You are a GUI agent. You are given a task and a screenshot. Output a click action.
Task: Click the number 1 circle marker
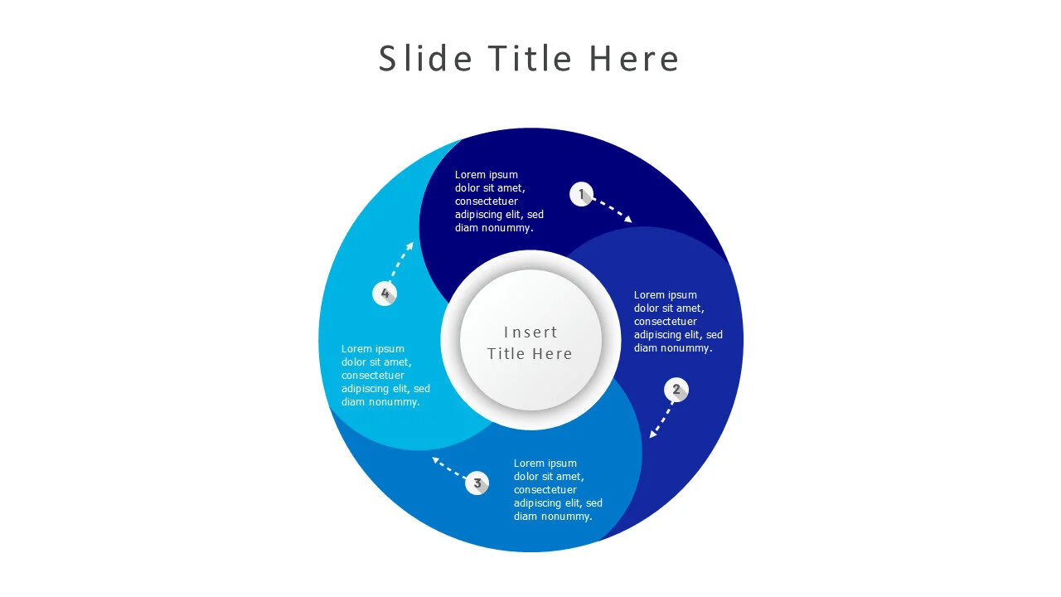coord(582,195)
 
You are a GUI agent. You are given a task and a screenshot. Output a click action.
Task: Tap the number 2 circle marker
coord(676,390)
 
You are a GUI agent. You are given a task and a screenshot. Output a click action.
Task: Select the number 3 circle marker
coord(477,483)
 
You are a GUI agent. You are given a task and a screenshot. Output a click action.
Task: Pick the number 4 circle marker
coord(385,294)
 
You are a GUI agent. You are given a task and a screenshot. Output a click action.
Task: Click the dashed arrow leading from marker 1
coord(613,210)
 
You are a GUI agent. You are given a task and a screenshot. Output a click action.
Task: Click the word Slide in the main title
coord(425,60)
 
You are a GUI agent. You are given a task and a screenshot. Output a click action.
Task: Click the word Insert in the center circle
coord(530,332)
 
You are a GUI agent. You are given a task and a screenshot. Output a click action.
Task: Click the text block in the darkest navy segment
coord(499,201)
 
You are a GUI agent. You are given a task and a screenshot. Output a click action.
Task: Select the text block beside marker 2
coord(678,322)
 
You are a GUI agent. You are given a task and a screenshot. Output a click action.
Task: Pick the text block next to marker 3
coord(558,490)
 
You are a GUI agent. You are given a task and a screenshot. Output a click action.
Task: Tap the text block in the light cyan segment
coord(385,376)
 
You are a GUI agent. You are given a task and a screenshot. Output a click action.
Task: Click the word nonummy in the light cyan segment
coord(395,402)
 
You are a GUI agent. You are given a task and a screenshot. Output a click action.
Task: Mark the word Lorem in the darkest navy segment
coord(470,175)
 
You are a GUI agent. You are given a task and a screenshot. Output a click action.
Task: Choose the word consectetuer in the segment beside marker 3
coord(545,490)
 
